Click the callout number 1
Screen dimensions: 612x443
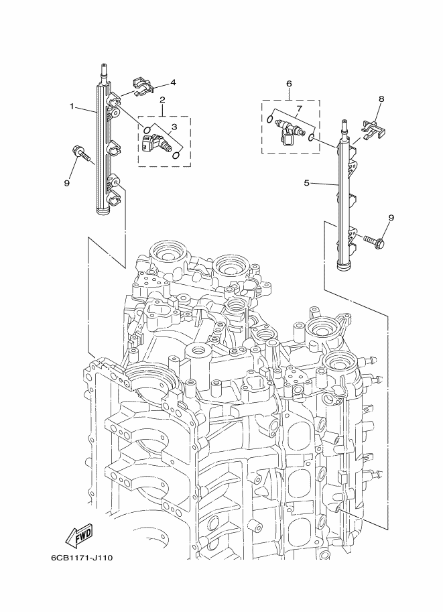click(x=71, y=107)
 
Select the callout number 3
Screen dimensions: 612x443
click(x=174, y=127)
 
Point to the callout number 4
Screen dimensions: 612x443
click(x=172, y=82)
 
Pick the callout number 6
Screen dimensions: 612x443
click(x=289, y=84)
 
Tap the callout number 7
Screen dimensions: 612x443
click(x=300, y=108)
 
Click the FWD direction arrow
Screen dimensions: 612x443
click(x=79, y=536)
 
